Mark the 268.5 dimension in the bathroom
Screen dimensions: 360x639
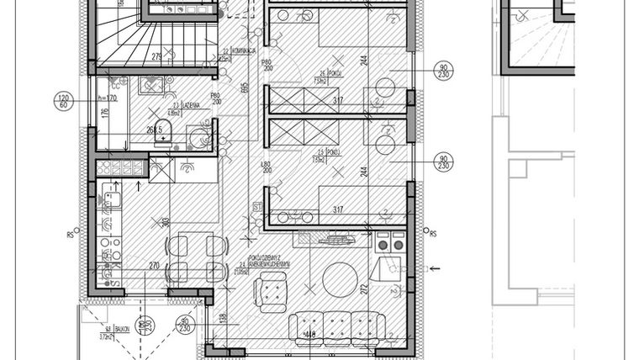click(x=154, y=130)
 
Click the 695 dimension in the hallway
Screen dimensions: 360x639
click(x=244, y=87)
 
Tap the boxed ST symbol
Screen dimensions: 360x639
click(x=258, y=204)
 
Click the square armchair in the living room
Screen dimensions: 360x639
click(x=271, y=293)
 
